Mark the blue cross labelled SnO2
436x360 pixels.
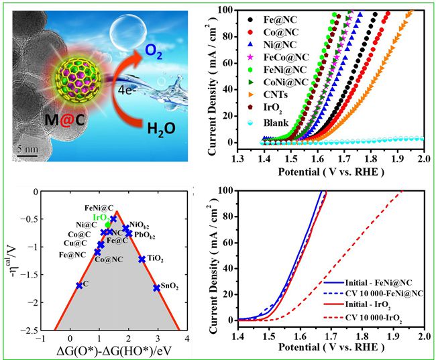click(x=157, y=288)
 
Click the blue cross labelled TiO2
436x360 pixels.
click(x=142, y=259)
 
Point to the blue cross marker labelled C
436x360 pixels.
click(x=80, y=285)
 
